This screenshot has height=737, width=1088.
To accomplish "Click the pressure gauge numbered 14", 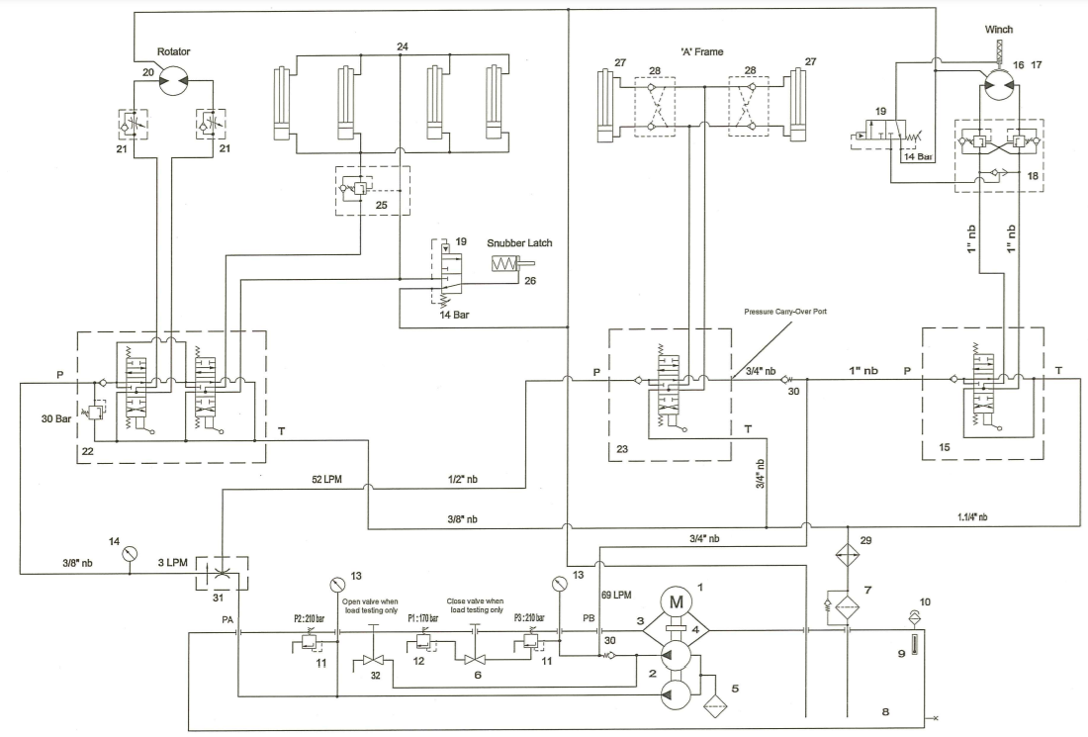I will pos(130,554).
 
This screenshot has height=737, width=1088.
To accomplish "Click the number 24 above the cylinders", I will pos(401,46).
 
